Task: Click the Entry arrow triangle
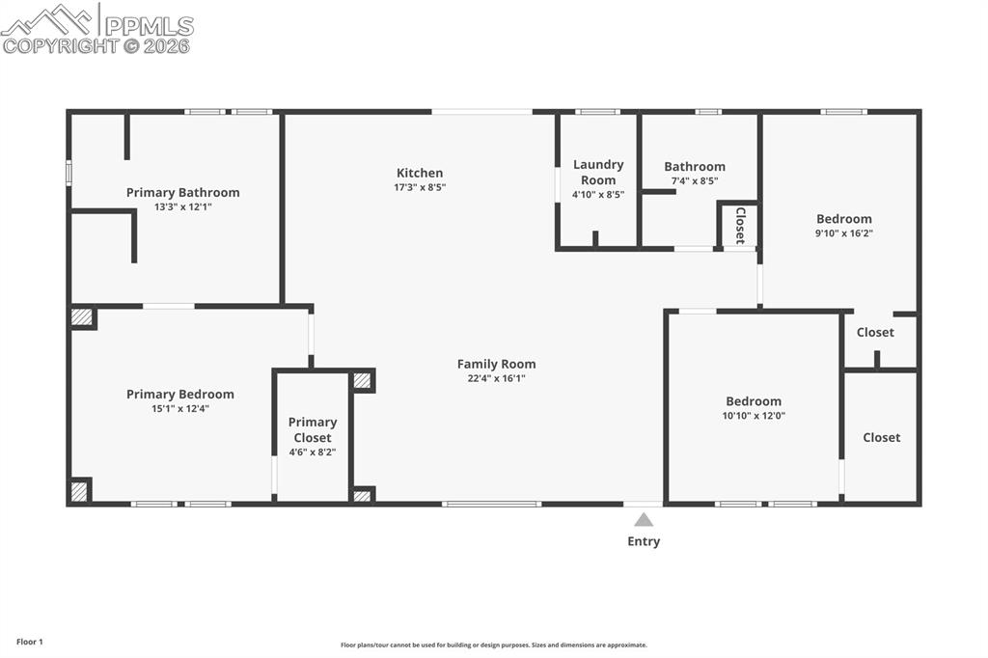tap(644, 519)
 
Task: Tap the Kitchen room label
tap(420, 173)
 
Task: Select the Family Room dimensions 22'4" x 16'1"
tap(496, 378)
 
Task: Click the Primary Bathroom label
tap(182, 192)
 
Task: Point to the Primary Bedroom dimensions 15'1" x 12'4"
tap(179, 408)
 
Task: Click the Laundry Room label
tap(598, 172)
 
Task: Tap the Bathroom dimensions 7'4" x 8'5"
tap(695, 181)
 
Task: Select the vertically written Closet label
tap(740, 225)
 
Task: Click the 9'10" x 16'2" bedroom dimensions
tap(844, 233)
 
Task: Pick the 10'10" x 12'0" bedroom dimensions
tap(754, 416)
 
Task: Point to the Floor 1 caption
tap(29, 642)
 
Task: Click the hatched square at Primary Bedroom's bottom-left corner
tap(79, 491)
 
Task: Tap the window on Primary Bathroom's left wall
tap(69, 172)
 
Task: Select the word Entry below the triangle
tap(644, 541)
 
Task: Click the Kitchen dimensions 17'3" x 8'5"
tap(420, 187)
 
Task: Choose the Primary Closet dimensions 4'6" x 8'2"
tap(313, 452)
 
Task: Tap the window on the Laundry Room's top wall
tap(597, 112)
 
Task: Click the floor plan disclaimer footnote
tap(493, 645)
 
